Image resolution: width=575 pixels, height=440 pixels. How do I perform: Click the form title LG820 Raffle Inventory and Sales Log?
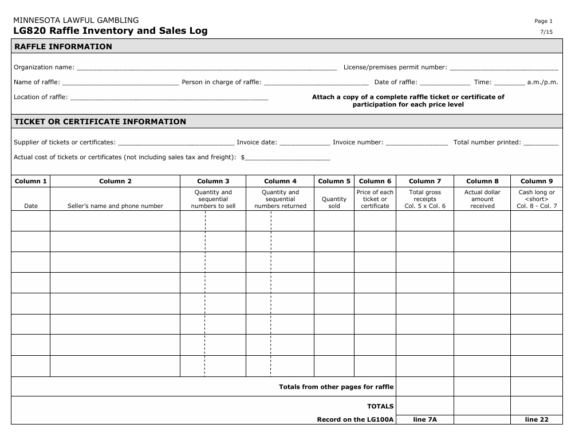pos(111,31)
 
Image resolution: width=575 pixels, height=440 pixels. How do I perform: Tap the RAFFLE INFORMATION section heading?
pos(63,46)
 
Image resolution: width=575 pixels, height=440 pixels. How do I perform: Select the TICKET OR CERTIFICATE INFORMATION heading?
pos(100,121)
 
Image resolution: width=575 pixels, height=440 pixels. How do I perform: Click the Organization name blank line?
pos(207,68)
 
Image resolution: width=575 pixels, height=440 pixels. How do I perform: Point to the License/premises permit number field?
pos(504,68)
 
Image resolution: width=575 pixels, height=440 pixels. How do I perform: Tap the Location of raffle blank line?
pos(169,97)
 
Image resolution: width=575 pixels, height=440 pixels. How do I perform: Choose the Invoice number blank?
pos(417,143)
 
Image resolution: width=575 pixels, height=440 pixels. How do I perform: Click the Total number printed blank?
pos(541,143)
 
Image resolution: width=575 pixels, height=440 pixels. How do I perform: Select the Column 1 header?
pos(31,181)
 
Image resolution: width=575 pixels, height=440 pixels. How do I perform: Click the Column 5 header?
pos(334,181)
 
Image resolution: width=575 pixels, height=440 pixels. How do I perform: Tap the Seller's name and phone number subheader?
pos(115,206)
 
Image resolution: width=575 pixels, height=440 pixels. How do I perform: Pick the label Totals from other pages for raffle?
pos(336,387)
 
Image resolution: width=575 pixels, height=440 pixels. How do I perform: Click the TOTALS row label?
pos(380,406)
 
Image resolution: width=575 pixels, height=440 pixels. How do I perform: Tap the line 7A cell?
pos(424,420)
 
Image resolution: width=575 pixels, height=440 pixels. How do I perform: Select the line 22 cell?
pos(537,420)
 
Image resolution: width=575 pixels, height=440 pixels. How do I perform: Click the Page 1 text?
pos(544,21)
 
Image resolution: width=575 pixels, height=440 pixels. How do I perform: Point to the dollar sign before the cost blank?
pos(243,157)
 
